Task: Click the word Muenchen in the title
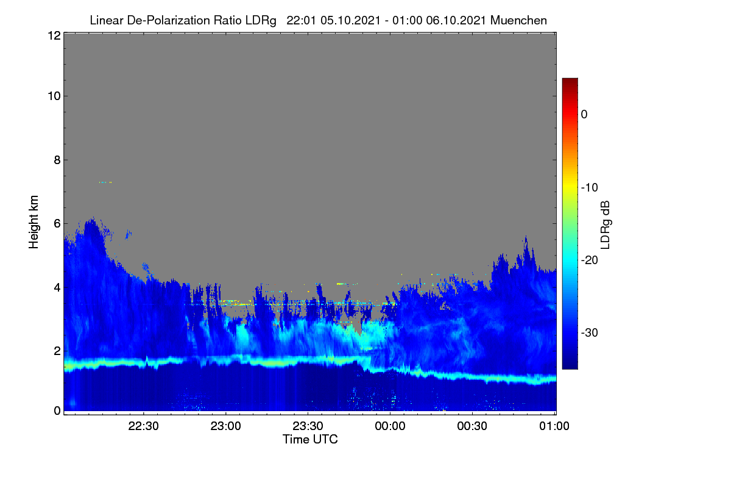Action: [518, 21]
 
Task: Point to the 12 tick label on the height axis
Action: [54, 35]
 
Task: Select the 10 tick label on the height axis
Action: [54, 96]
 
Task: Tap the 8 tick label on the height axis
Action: [57, 160]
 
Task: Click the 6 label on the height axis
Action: [57, 224]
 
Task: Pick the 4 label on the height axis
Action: [57, 287]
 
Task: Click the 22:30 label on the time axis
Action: [143, 426]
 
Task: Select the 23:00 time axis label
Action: [225, 426]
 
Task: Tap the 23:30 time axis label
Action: [308, 426]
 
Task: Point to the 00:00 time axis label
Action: [390, 426]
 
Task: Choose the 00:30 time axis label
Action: [472, 426]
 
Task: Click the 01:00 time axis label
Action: [554, 426]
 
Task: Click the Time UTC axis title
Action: [310, 439]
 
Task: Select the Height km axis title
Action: [34, 222]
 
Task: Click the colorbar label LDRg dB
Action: [605, 225]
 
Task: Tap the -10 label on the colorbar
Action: [590, 188]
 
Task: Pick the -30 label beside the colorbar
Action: [590, 332]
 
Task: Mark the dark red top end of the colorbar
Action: [570, 79]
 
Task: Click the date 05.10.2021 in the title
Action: [350, 21]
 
